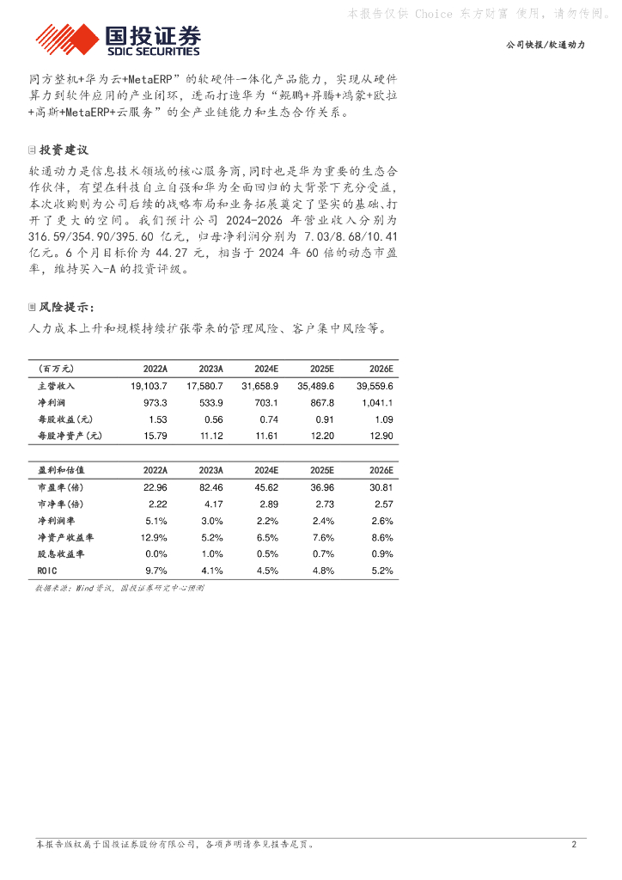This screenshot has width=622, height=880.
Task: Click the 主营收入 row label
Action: [x=57, y=387]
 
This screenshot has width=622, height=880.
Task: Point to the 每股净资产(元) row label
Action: [x=70, y=436]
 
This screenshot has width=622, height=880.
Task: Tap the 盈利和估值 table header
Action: [x=62, y=471]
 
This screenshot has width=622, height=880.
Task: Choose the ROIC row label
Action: [x=47, y=570]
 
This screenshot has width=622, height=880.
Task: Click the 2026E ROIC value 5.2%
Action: [x=381, y=570]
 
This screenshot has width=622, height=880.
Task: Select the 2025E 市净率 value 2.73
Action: [x=322, y=504]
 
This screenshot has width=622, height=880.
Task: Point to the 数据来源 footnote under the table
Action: [x=119, y=589]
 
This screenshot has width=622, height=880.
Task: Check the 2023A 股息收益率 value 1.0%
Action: [x=211, y=553]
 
